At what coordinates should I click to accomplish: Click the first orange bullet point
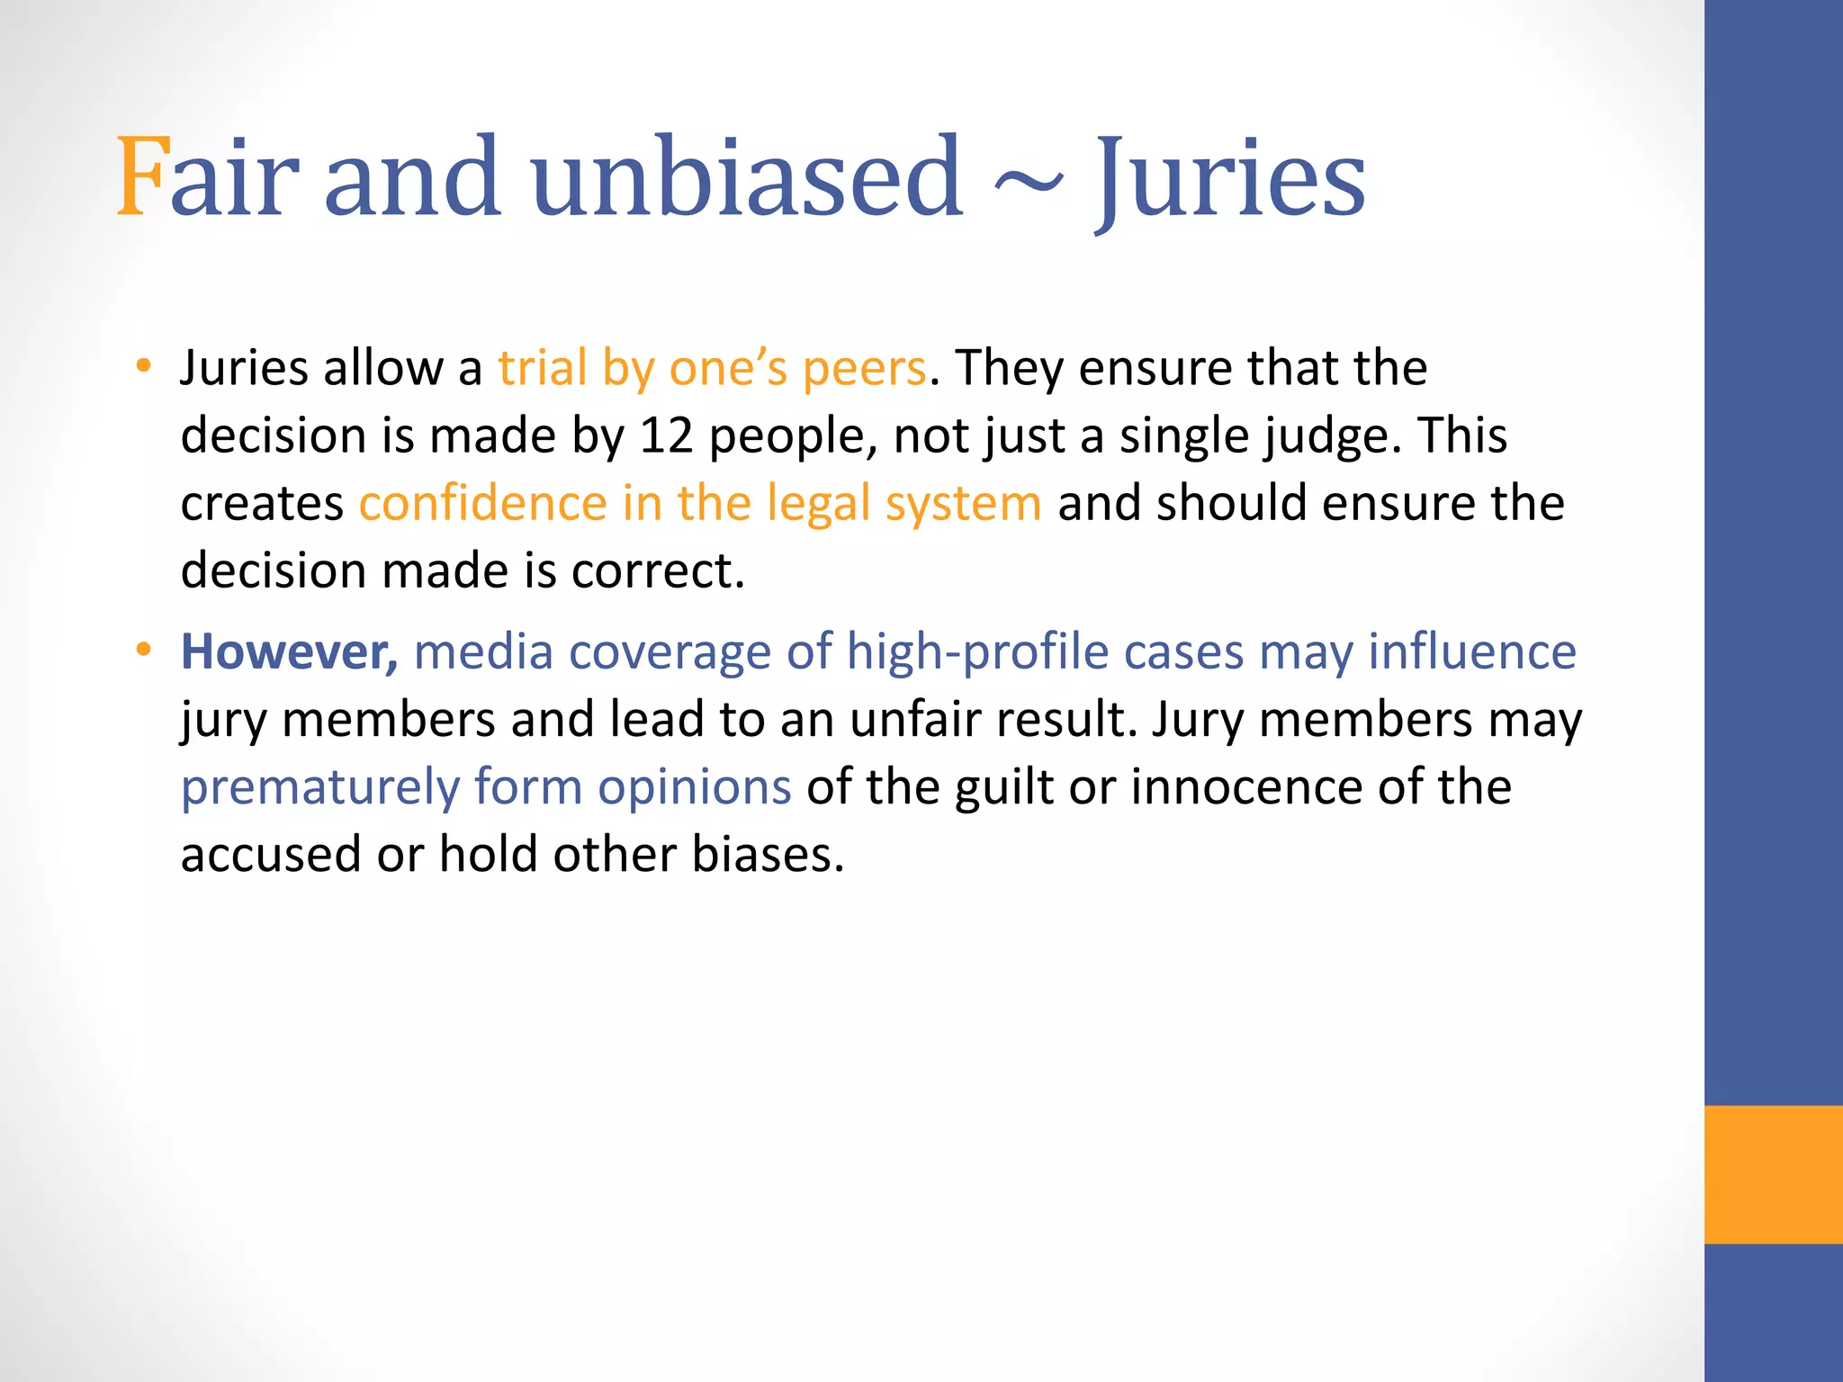[x=143, y=366]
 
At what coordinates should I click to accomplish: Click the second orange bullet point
[x=143, y=650]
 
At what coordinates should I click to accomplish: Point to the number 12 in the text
[x=666, y=436]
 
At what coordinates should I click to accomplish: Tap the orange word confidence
[x=483, y=503]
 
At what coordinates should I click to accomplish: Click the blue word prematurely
[x=320, y=788]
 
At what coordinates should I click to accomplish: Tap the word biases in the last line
[x=768, y=855]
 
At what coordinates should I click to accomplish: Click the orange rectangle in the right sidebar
[x=1773, y=1174]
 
